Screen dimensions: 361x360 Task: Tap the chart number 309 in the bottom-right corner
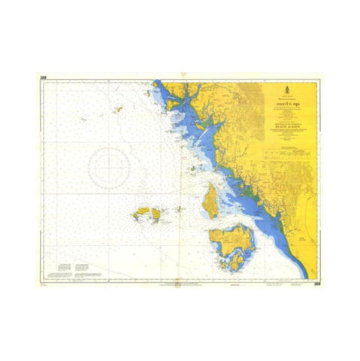[x=319, y=284]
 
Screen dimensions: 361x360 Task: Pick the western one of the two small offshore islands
[x=140, y=215]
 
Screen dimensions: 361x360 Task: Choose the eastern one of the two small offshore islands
[x=156, y=214]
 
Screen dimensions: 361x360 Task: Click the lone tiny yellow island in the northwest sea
[x=116, y=109]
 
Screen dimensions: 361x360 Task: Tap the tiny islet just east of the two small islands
[x=179, y=208]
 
